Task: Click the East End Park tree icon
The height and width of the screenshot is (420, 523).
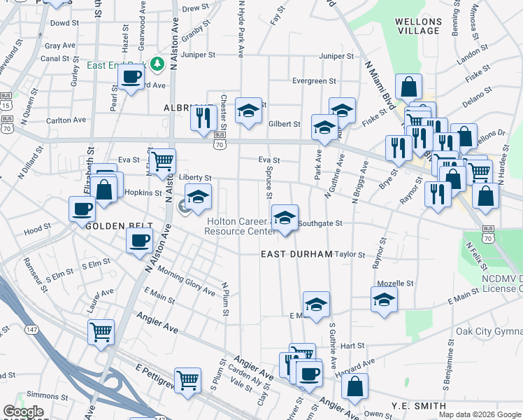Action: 159,64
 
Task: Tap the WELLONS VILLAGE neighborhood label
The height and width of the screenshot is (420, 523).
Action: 418,26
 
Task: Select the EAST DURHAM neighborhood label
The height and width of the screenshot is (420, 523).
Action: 296,254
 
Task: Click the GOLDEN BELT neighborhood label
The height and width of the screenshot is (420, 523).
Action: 110,226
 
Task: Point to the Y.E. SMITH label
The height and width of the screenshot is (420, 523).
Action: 419,406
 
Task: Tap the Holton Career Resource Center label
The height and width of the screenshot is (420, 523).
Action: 240,226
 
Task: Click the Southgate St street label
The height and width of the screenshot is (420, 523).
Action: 320,224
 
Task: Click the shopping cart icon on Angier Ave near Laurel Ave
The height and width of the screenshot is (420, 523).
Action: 101,330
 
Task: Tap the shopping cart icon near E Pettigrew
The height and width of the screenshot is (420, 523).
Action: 187,379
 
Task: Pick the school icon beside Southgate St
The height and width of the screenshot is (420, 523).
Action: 285,218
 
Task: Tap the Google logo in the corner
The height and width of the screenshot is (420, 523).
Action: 22,411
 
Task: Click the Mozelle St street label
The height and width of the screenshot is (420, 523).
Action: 396,283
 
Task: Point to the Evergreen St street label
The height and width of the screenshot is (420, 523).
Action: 315,81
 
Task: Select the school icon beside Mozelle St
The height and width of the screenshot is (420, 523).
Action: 383,300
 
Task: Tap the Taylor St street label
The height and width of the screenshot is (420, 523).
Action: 350,254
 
